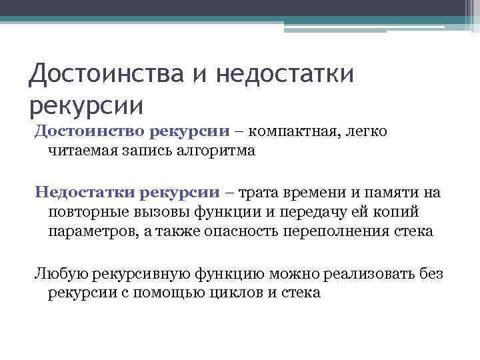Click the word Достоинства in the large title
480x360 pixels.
pyautogui.click(x=103, y=73)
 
